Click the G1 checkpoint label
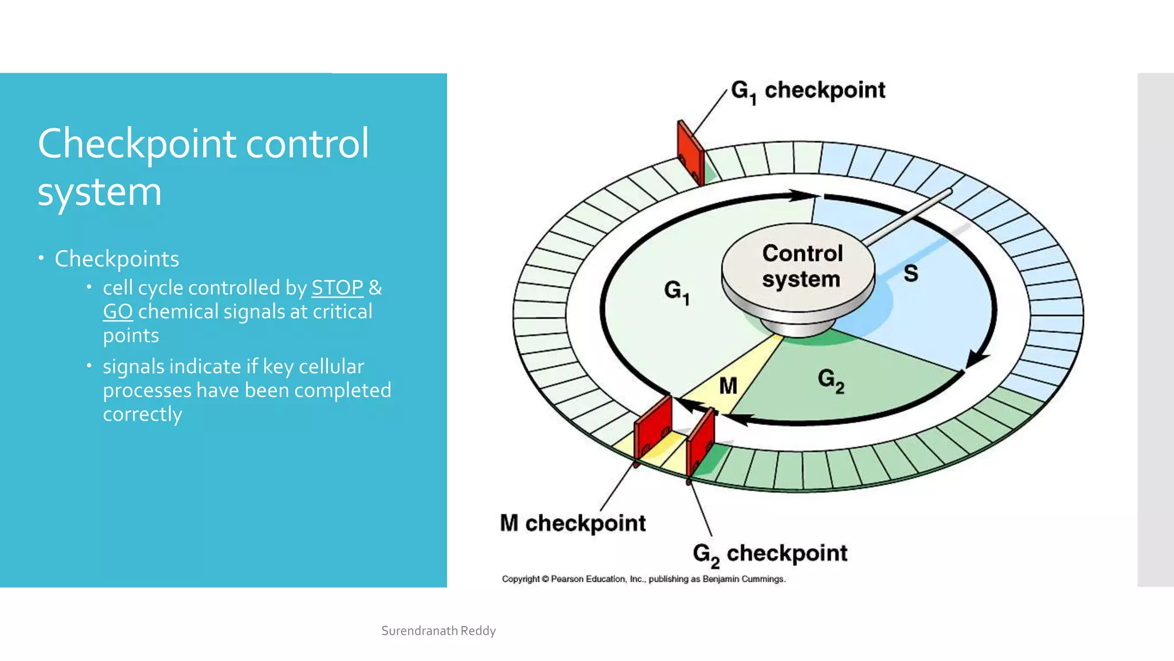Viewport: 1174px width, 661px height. point(808,91)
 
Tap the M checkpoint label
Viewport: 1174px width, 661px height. point(573,523)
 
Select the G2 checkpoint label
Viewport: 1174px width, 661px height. point(769,554)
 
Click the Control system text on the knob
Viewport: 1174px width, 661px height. point(801,266)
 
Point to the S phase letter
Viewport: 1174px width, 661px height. point(910,273)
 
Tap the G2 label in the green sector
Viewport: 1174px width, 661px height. point(831,380)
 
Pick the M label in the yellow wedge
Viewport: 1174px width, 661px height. point(728,386)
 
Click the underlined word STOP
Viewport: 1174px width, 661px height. point(337,287)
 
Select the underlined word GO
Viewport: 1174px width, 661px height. point(118,312)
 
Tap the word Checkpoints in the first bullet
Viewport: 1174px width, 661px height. point(117,259)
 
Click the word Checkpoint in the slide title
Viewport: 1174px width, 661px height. point(137,143)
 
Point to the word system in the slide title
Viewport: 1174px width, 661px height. point(100,192)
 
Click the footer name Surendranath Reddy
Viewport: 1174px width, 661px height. point(439,631)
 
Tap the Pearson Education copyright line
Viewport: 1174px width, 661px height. point(643,579)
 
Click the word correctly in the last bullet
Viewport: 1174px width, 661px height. point(142,414)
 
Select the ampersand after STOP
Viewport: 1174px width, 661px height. point(375,287)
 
